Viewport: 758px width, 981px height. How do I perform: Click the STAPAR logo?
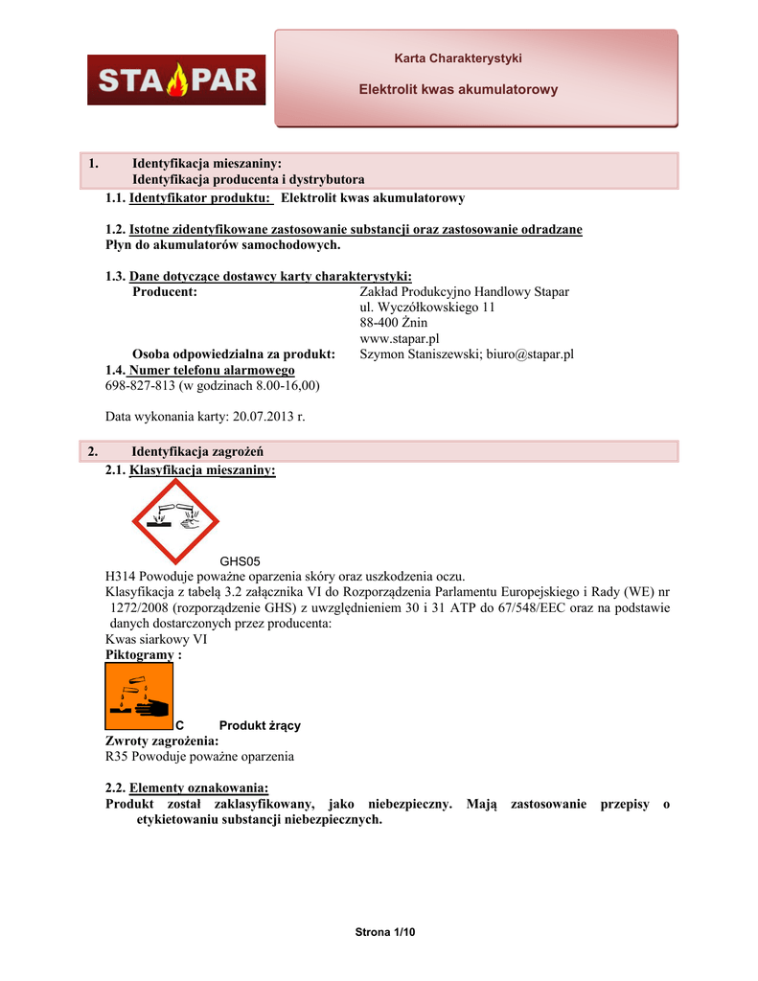[x=176, y=80]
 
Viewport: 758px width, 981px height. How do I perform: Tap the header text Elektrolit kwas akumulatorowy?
[x=458, y=89]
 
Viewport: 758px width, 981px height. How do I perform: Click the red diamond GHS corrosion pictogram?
[x=175, y=522]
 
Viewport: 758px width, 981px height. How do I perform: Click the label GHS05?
[x=241, y=561]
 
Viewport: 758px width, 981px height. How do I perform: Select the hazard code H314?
[x=121, y=577]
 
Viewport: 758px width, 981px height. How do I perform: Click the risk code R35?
[x=117, y=756]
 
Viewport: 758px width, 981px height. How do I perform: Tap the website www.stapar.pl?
[x=400, y=338]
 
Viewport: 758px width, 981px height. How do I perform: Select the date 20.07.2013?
[x=261, y=417]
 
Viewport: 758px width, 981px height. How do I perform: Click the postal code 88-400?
[x=380, y=323]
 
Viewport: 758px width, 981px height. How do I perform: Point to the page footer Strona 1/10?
[x=385, y=932]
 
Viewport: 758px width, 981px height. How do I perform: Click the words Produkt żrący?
[x=260, y=725]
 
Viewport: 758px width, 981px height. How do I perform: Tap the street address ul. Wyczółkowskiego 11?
[x=427, y=308]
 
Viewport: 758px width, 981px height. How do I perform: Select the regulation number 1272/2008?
[x=140, y=607]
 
